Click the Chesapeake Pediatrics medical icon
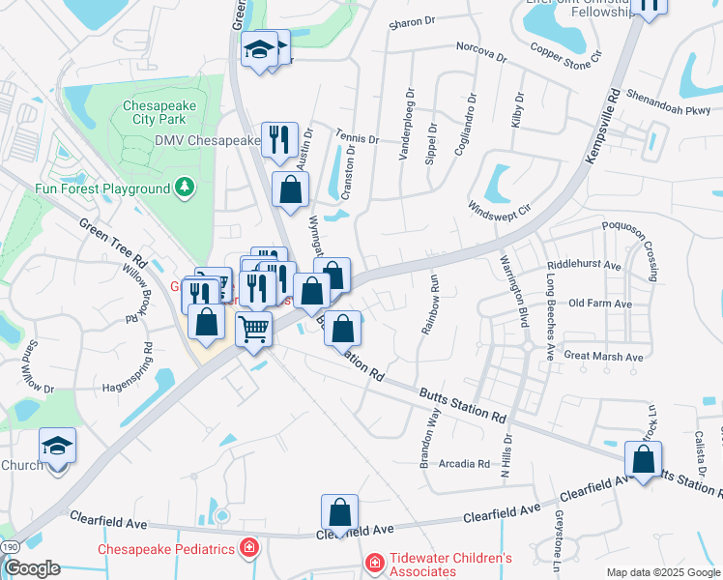(249, 549)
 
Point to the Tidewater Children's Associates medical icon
(373, 561)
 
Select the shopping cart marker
(253, 328)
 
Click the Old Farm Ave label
(600, 304)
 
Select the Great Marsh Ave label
(603, 357)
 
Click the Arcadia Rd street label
(465, 464)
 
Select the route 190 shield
(9, 547)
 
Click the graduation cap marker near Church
(57, 447)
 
